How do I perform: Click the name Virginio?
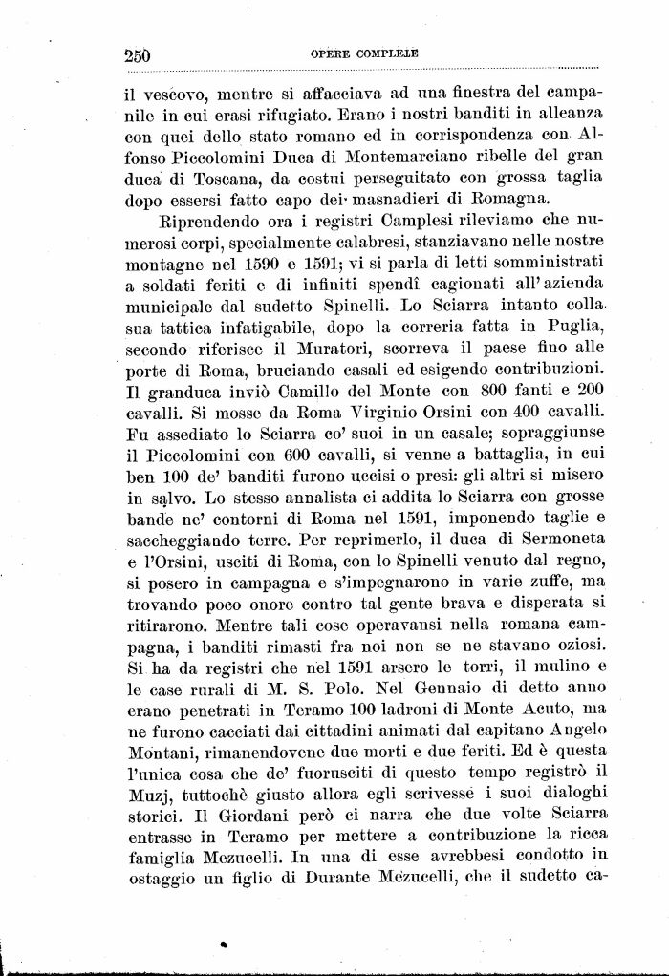coord(355,411)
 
